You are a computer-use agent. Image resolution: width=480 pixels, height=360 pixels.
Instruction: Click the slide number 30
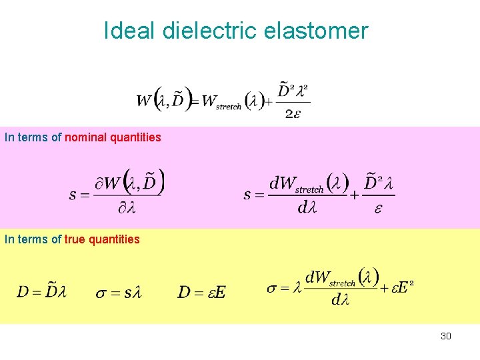coord(446,336)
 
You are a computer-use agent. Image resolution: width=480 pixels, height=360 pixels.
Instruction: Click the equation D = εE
coord(202,292)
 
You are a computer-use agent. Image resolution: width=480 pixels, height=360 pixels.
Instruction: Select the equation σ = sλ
coord(119,292)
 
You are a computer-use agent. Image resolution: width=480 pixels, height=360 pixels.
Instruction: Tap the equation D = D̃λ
coord(42,292)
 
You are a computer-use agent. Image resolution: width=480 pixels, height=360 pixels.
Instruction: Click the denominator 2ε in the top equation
coord(292,114)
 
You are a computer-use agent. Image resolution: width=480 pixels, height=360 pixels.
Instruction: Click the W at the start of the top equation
coord(144,101)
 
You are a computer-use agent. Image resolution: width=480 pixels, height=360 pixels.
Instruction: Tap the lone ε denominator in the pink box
coord(379,208)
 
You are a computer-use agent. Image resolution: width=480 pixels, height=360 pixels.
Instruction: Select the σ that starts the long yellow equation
coord(272,289)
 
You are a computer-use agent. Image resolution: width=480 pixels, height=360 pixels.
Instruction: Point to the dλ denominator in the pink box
coord(307,208)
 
